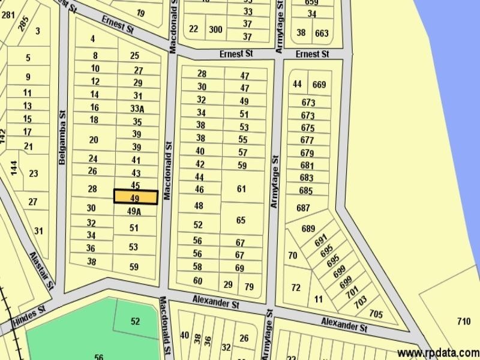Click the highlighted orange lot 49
click(x=136, y=197)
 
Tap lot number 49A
click(x=134, y=211)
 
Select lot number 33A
click(x=137, y=109)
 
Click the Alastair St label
click(x=42, y=268)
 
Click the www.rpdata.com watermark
click(x=438, y=353)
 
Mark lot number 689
click(x=308, y=229)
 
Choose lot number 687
click(x=304, y=208)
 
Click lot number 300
click(x=215, y=29)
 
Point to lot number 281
click(x=8, y=15)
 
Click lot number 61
click(x=241, y=189)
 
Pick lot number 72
click(x=296, y=287)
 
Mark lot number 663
click(x=322, y=34)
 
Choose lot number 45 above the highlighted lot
click(x=136, y=185)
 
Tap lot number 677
click(x=307, y=140)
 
